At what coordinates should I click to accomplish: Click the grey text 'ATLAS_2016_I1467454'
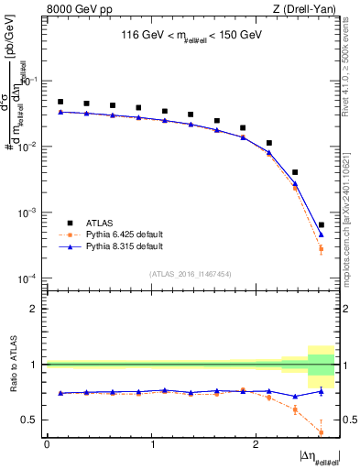191,273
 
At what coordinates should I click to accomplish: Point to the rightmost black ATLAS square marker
321,224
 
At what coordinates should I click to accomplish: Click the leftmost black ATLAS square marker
60,102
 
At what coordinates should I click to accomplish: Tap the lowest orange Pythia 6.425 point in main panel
321,248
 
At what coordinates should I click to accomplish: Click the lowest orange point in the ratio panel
321,431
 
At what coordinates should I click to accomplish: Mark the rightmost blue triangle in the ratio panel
321,391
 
